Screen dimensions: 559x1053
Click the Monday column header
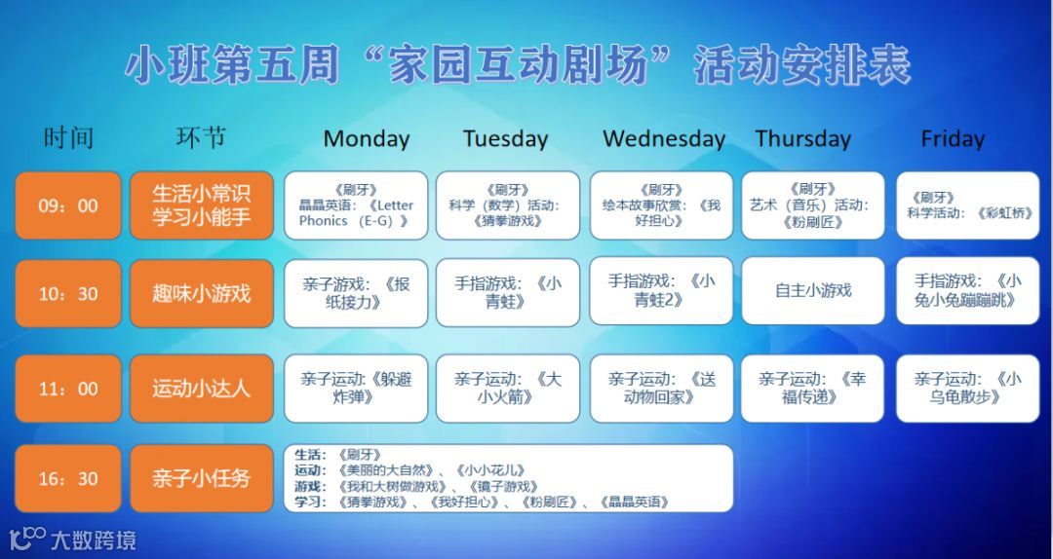tap(367, 138)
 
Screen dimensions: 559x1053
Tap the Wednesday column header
tap(664, 138)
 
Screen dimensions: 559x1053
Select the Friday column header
tap(953, 138)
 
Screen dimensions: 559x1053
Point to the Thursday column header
tap(803, 138)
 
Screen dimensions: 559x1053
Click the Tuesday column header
tap(505, 138)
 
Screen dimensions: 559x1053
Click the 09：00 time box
tap(68, 205)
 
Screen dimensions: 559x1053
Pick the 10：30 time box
tap(68, 293)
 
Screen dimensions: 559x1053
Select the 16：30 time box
tap(68, 478)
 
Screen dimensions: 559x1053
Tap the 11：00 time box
tap(68, 389)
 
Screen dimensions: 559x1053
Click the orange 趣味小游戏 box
tap(201, 293)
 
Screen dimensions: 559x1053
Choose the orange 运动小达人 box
tap(201, 389)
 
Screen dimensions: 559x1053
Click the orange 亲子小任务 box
tap(201, 478)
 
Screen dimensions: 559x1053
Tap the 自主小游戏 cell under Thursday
tap(813, 290)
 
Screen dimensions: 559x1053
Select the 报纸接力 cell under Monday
tap(356, 292)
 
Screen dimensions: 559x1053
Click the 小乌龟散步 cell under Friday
tap(968, 389)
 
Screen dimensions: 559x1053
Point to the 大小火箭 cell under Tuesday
tap(507, 389)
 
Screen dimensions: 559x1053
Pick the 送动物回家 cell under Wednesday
tap(661, 389)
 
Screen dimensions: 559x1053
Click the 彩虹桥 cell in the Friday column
tap(968, 205)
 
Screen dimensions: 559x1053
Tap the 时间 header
tap(68, 138)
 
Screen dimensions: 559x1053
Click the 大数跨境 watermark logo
tap(72, 539)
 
